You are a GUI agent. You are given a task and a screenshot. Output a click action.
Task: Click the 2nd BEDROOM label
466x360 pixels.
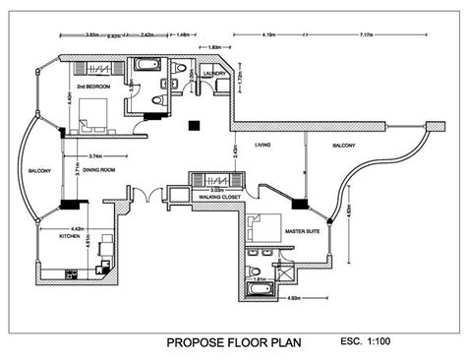[x=90, y=86]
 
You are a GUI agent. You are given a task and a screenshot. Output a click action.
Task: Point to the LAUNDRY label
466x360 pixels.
[x=216, y=74]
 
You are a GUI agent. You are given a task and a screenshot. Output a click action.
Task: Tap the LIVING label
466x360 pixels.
[x=262, y=147]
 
